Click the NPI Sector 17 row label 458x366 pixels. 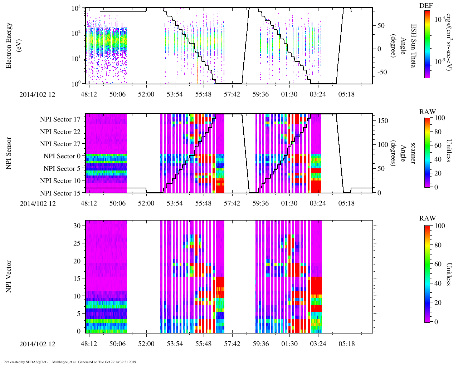coord(60,119)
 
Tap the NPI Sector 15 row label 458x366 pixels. coord(60,193)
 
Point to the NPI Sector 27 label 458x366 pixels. coord(60,144)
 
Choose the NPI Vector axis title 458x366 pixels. coord(9,277)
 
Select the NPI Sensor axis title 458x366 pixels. coord(9,153)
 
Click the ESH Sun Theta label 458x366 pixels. coord(413,46)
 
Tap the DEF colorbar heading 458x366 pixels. coord(426,6)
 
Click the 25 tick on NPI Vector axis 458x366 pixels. coord(78,243)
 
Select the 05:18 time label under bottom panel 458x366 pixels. coord(346,344)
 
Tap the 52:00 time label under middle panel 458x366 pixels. coord(146,203)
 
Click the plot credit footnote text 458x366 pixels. coord(70,362)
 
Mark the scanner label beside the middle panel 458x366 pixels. coord(413,153)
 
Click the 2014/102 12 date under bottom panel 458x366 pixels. coord(38,344)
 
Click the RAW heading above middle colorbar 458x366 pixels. coord(427,112)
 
